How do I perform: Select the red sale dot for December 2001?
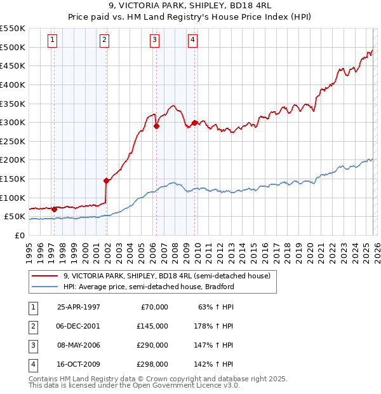click(x=106, y=180)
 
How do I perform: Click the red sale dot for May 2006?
click(x=156, y=126)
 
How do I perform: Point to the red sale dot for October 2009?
click(x=195, y=123)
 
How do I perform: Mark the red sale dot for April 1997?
click(x=55, y=208)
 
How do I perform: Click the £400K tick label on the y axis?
click(x=12, y=85)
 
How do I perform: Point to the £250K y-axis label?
click(x=12, y=141)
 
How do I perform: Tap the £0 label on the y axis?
click(x=19, y=235)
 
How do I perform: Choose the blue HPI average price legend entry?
click(x=149, y=287)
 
